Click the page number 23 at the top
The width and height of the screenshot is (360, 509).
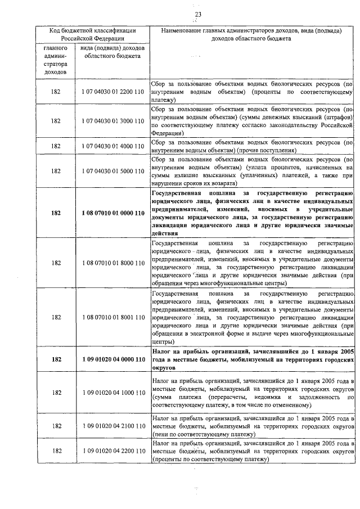pos(197,14)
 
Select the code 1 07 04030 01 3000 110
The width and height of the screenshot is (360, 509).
pos(112,121)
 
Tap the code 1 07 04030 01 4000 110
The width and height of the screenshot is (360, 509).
pos(112,146)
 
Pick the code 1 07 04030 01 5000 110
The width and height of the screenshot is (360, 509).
pos(112,170)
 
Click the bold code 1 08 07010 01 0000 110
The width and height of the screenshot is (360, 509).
pos(112,213)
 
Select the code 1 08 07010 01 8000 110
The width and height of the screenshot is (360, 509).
pos(112,263)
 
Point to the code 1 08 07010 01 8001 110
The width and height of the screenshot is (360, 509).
pos(112,317)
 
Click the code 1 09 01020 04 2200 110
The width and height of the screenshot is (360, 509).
pos(112,451)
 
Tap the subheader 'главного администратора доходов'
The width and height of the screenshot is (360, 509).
pos(56,60)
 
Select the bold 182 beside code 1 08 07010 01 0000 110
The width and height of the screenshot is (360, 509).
pos(56,213)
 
